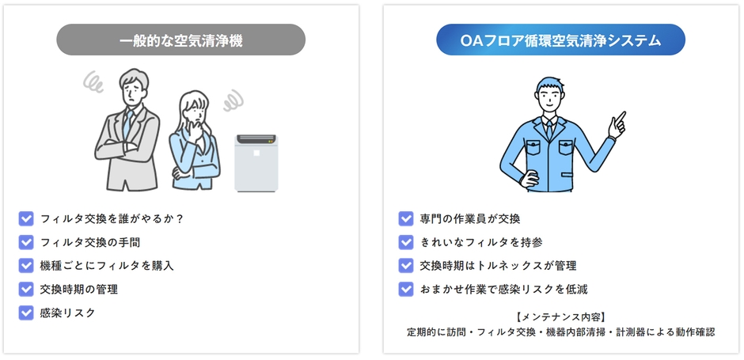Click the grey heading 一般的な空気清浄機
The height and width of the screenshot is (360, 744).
pos(180,40)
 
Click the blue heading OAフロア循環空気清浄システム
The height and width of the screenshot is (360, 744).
pos(560,40)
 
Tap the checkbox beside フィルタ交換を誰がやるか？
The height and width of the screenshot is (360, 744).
pos(26,218)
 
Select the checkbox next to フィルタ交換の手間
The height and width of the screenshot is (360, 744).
pos(26,242)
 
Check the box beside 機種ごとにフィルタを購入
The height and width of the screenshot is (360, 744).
pos(26,266)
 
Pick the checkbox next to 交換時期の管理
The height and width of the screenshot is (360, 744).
pos(26,289)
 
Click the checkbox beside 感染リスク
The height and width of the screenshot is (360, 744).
pos(26,313)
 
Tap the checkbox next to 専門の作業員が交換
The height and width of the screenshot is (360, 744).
pos(406,218)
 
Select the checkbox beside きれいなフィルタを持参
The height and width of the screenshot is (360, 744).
pos(406,242)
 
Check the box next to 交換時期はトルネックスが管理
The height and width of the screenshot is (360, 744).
pos(406,266)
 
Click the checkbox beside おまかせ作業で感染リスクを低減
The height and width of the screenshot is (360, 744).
pos(406,289)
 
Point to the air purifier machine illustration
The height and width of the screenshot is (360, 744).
pos(256,162)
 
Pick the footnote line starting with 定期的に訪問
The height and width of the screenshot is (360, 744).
pos(560,332)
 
